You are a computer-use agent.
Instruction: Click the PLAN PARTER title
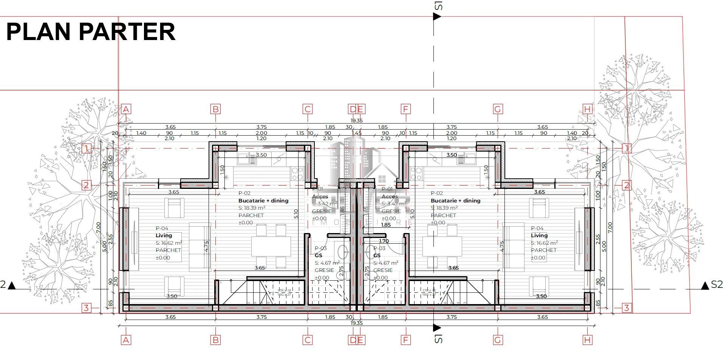[x=91, y=32]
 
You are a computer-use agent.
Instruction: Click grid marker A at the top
[x=126, y=110]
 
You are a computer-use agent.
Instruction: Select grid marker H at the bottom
[x=587, y=340]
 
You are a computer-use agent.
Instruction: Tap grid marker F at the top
[x=405, y=110]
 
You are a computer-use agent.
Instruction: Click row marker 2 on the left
[x=87, y=185]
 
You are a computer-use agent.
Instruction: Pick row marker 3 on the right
[x=627, y=308]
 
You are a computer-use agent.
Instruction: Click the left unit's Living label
[x=164, y=235]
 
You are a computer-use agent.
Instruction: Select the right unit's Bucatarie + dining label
[x=455, y=201]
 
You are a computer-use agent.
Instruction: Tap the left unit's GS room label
[x=318, y=255]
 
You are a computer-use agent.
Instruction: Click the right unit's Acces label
[x=390, y=196]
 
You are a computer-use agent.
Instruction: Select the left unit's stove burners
[x=297, y=173]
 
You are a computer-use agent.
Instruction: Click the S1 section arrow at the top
[x=437, y=16]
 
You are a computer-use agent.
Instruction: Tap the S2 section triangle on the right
[x=704, y=286]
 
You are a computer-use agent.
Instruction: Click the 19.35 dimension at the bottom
[x=356, y=323]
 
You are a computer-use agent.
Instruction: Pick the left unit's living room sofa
[x=200, y=247]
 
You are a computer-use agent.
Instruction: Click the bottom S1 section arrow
[x=437, y=327]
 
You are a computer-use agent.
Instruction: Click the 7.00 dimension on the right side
[x=610, y=227]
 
